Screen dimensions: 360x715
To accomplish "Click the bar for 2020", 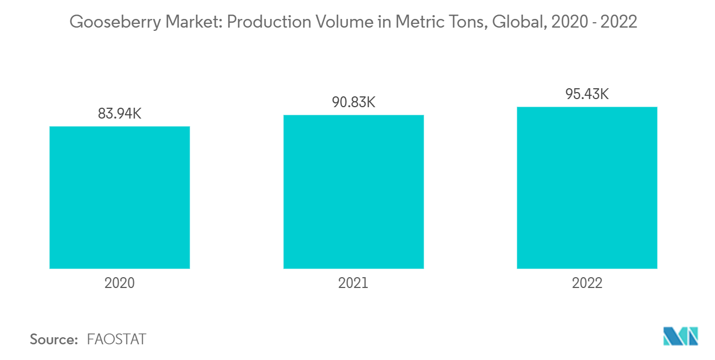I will pos(120,198).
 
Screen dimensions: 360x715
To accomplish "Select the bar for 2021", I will pos(353,192).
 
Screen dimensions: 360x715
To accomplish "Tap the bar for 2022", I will pos(587,188).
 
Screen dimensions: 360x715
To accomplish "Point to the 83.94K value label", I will pos(120,114).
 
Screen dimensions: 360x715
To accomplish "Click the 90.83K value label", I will pos(353,102).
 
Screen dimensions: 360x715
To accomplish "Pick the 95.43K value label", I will pos(587,94).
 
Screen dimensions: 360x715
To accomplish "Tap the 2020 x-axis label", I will pos(120,283).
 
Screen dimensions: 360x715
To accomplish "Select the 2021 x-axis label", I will pos(353,283).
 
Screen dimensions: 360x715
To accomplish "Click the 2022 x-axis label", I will pos(587,283).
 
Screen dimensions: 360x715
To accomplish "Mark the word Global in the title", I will pos(515,23).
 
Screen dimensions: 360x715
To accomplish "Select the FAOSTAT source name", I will pos(116,339).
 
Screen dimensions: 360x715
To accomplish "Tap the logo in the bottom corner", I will pos(681,336).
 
